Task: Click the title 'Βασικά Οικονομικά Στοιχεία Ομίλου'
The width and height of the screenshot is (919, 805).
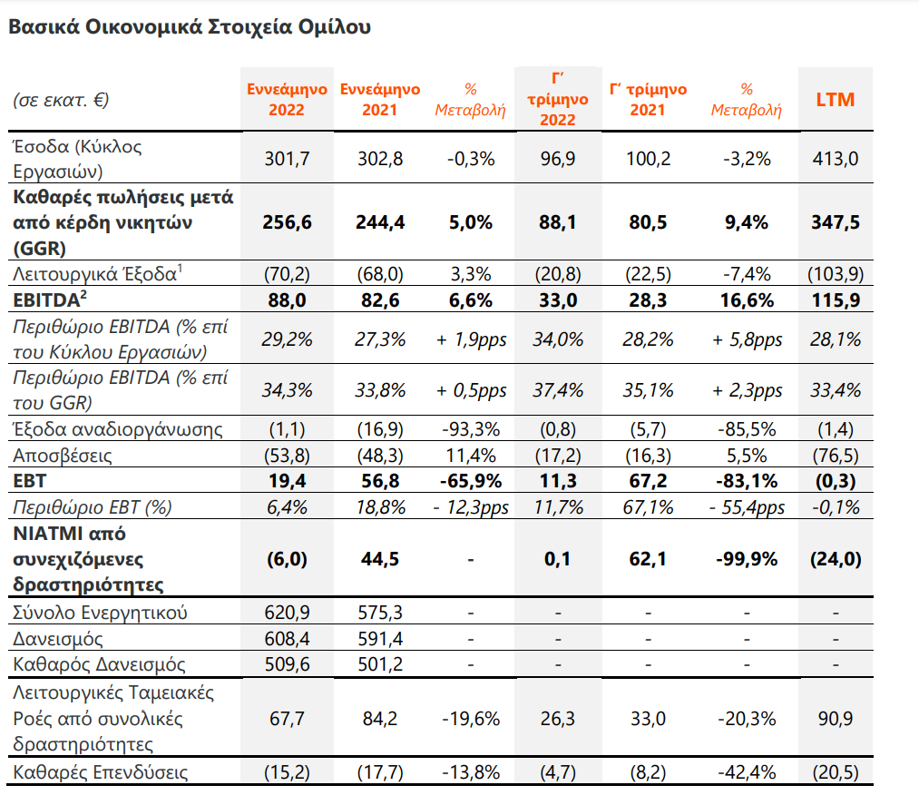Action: coord(189,27)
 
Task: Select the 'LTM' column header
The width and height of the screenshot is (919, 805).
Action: coord(835,100)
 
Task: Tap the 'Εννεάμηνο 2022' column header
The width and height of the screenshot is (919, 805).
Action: coord(286,100)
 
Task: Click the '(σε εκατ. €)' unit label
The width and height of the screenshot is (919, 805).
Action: coord(61,100)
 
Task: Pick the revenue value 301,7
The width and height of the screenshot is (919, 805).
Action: coord(286,159)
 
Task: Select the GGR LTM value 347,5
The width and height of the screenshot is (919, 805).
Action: coord(835,222)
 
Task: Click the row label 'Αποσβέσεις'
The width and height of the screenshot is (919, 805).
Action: coord(62,456)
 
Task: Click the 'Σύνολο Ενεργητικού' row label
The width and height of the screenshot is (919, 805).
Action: coord(100,613)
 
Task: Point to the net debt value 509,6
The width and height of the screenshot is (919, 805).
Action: coord(286,664)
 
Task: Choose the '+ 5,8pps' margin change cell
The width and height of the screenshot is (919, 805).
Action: coord(746,339)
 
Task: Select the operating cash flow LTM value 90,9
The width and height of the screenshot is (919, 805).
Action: coord(835,719)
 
